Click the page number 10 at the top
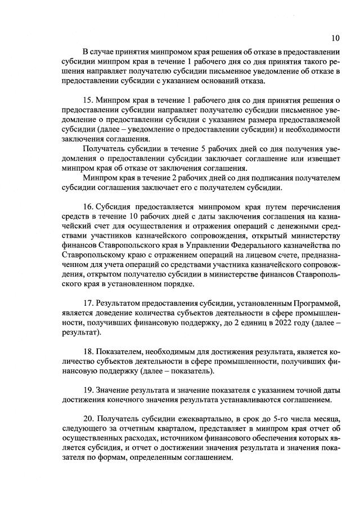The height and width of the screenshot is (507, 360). click(335, 38)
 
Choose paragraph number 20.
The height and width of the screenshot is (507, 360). click(89, 419)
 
